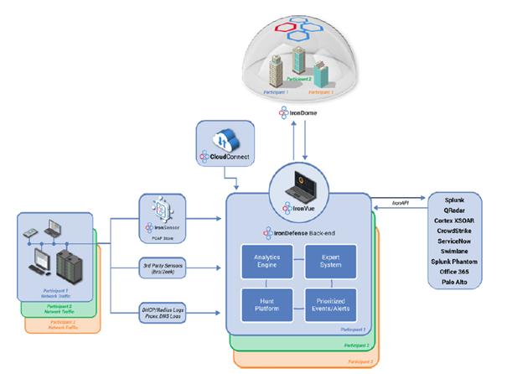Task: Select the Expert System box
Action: (328, 261)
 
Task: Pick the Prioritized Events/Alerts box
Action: (328, 303)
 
